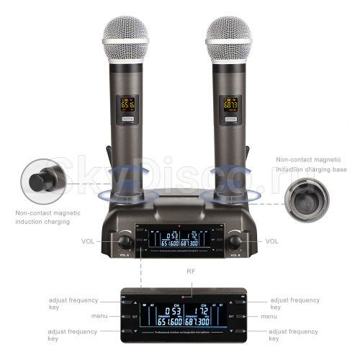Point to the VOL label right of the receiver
[x=272, y=241]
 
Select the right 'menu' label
[x=269, y=316]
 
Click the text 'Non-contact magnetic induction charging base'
[x=311, y=164]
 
